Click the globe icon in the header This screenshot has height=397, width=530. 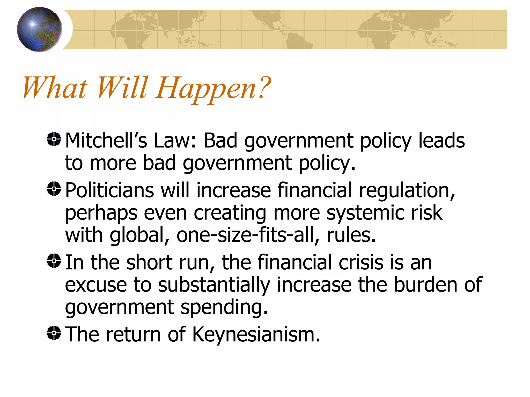pos(39,29)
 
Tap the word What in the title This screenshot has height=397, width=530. pos(55,88)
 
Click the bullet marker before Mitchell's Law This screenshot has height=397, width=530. pos(54,139)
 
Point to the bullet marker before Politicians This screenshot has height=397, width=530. pos(54,189)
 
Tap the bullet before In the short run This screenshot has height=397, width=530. pos(54,261)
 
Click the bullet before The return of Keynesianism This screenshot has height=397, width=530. pos(54,333)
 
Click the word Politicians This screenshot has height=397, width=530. pos(110,190)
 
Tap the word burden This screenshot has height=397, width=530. pos(425,285)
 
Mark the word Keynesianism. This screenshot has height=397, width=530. pos(256,334)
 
